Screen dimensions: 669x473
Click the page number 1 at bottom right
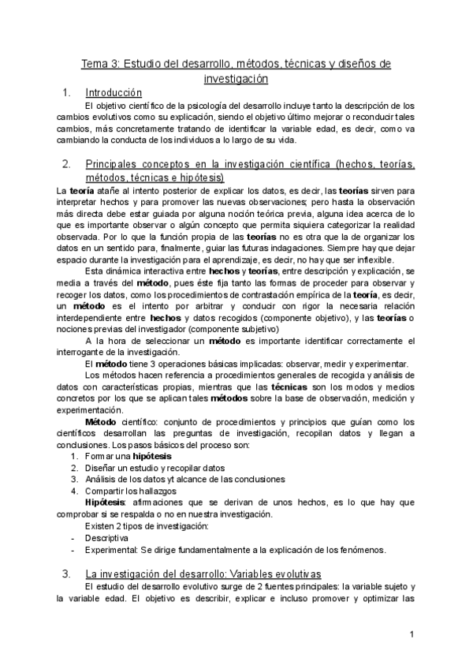(x=412, y=634)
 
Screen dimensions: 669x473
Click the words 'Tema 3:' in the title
(x=100, y=63)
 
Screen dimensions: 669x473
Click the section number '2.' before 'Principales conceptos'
(x=66, y=164)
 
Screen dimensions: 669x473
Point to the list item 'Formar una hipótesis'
(x=128, y=457)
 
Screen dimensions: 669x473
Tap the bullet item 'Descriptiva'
(x=107, y=538)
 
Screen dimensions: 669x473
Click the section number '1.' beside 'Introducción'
(x=66, y=92)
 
